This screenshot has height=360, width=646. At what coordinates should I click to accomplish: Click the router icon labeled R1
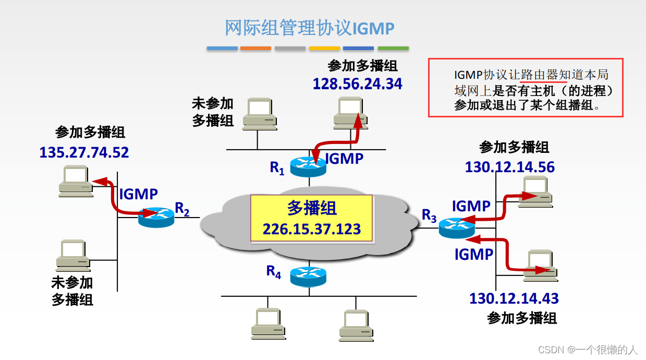(308, 165)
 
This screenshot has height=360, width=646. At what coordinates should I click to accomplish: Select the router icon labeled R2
(156, 216)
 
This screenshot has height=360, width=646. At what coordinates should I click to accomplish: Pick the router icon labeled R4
(308, 275)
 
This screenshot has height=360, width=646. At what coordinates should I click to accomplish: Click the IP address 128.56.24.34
(357, 83)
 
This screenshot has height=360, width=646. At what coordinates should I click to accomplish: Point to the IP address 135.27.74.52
(84, 152)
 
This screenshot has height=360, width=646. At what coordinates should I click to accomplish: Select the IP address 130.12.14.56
(509, 167)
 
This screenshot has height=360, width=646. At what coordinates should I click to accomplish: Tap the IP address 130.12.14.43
(514, 298)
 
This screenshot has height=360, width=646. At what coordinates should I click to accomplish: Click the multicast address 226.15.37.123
(311, 229)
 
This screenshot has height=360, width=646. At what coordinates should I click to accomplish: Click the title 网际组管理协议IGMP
(309, 28)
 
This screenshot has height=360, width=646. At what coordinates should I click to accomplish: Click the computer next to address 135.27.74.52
(76, 181)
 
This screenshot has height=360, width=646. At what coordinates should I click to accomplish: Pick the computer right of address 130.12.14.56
(534, 192)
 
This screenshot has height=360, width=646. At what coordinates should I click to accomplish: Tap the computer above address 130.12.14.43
(542, 266)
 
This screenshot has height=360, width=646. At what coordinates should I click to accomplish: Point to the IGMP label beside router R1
(344, 158)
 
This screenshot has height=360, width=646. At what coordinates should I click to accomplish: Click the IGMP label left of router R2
(138, 194)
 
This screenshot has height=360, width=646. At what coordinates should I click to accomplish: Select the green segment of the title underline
(393, 49)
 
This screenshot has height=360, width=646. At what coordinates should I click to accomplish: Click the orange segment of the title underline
(255, 49)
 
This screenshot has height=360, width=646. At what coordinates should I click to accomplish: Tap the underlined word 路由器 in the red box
(543, 75)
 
